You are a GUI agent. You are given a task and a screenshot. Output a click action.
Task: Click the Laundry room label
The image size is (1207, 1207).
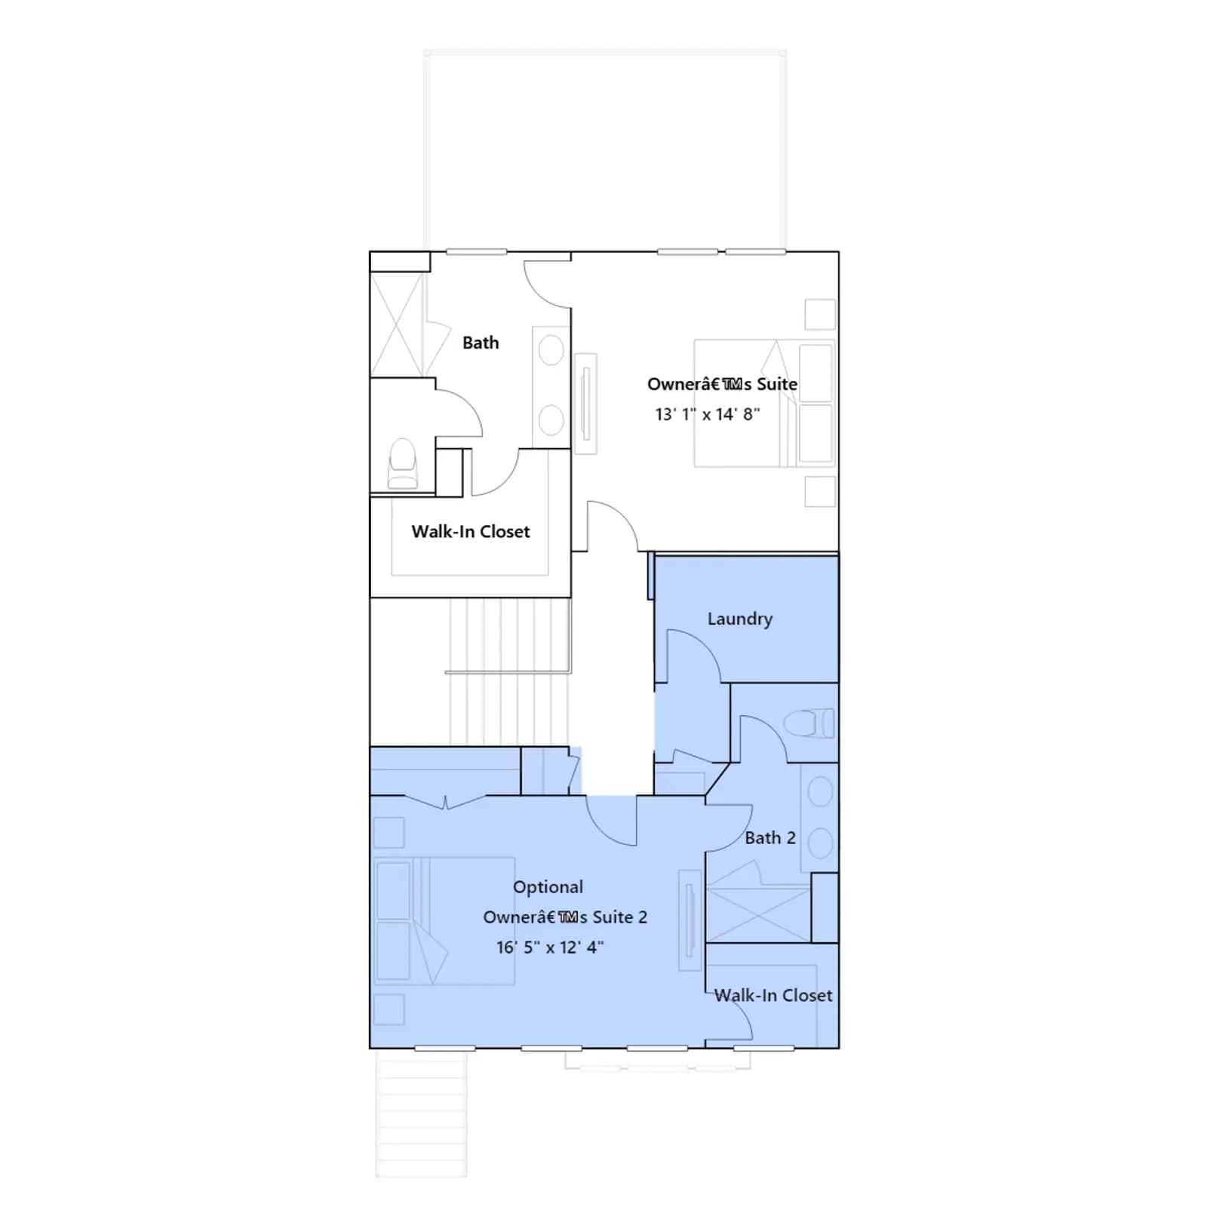click(x=739, y=619)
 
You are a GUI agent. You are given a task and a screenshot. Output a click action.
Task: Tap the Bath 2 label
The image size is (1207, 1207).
click(x=769, y=837)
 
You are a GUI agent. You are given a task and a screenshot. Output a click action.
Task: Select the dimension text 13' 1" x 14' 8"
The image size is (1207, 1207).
click(x=707, y=414)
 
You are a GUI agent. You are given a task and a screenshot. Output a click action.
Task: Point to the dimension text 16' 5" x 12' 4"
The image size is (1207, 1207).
click(x=549, y=947)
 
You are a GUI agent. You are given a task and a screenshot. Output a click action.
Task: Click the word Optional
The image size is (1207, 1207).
click(x=548, y=887)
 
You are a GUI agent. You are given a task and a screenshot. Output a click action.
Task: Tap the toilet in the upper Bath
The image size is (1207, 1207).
click(x=402, y=463)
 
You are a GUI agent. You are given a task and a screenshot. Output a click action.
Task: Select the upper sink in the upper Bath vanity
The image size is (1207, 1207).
click(x=551, y=352)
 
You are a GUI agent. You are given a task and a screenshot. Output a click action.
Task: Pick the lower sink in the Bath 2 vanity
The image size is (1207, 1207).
click(x=820, y=843)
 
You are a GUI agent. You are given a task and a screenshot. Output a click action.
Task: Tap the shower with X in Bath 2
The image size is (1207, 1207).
click(x=758, y=915)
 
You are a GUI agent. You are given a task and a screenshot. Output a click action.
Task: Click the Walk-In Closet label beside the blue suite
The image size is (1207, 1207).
click(x=773, y=996)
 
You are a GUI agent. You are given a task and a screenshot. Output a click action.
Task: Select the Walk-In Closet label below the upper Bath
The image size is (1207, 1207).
click(x=471, y=532)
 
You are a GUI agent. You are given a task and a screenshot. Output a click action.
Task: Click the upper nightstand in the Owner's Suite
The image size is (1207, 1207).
click(x=820, y=315)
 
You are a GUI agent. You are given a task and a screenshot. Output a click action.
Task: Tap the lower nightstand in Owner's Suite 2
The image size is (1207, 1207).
click(x=389, y=1009)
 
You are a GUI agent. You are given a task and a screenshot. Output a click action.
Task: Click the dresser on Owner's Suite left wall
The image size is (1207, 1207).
click(x=585, y=404)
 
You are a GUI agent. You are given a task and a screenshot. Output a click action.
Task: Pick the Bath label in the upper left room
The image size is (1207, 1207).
click(x=481, y=343)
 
